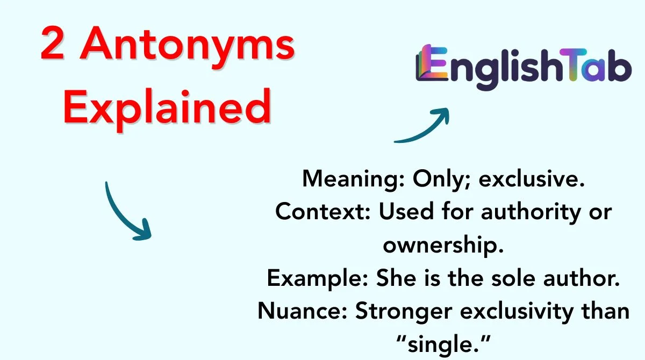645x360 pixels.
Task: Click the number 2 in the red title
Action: [x=53, y=43]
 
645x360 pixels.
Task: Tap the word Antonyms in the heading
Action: [x=188, y=47]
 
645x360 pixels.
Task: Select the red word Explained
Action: [x=167, y=110]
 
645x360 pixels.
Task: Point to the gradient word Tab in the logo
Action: [x=596, y=65]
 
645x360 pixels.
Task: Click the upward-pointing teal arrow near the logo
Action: [x=422, y=125]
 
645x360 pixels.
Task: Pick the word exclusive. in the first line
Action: [x=532, y=179]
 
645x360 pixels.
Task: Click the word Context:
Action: [x=323, y=212]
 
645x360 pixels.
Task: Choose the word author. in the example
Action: [x=582, y=278]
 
